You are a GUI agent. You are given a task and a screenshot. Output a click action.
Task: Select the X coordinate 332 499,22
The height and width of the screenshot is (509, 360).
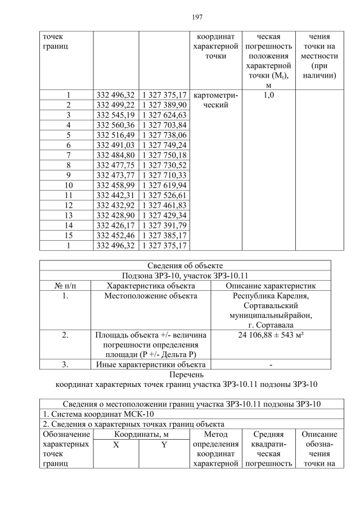[115, 105]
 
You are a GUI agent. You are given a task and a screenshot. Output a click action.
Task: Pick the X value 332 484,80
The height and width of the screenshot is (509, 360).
[115, 155]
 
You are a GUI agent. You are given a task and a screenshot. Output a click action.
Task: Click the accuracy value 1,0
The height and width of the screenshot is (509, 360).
[268, 95]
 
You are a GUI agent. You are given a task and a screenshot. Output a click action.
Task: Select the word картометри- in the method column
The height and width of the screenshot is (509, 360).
[215, 95]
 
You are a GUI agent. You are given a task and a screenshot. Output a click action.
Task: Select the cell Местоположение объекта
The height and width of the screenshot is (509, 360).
[150, 295]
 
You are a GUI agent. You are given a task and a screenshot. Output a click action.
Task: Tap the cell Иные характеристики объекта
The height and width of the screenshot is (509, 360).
[150, 364]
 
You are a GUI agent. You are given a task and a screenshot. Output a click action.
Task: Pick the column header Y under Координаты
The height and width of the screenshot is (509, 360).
[164, 444]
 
